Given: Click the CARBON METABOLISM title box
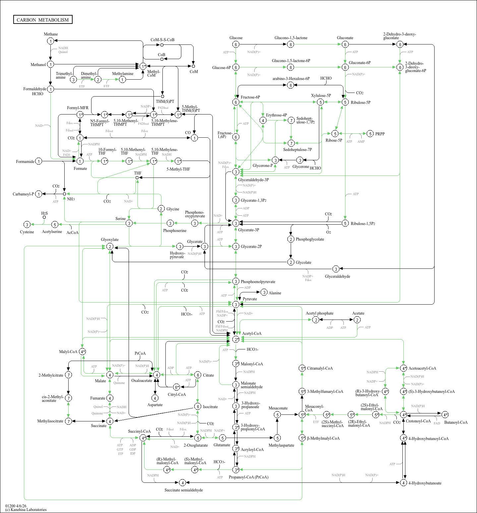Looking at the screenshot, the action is (43, 20).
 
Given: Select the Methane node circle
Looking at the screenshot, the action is (50, 41).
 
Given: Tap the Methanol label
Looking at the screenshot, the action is (38, 65).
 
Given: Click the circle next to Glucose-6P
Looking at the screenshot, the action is (236, 67).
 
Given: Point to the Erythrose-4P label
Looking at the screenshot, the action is (276, 115).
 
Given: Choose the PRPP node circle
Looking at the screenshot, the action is (370, 134).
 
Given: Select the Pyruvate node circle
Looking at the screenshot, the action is (236, 304).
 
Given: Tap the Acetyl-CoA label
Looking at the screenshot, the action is (252, 333).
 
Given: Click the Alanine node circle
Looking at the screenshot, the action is (264, 292).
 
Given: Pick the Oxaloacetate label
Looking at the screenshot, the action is (142, 381).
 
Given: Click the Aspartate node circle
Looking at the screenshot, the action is (155, 398).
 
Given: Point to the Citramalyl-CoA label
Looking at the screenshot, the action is (320, 368).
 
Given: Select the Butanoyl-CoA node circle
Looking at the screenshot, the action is (445, 414).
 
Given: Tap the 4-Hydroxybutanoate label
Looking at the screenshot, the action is (425, 483).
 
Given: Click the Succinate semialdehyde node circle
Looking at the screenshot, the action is (182, 482).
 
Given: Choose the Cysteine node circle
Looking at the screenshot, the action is (27, 225).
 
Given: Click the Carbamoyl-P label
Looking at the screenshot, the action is (23, 194).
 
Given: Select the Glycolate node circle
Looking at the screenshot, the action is (291, 262).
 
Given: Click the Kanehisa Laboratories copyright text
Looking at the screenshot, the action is (26, 510).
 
